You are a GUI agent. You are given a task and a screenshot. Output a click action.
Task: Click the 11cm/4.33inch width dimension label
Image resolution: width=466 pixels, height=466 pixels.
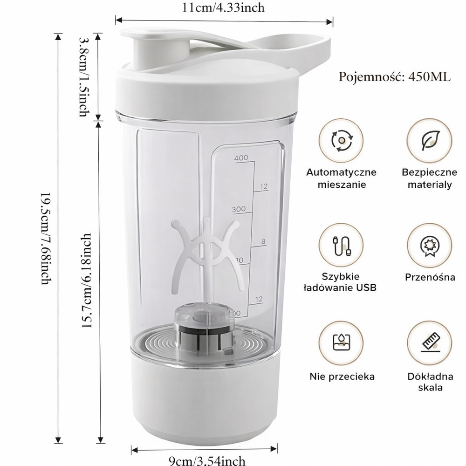click(x=224, y=7)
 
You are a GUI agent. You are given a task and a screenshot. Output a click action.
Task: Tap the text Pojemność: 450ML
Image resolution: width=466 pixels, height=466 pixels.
click(x=394, y=76)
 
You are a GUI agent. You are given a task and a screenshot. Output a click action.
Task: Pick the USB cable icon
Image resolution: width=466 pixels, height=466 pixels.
click(x=341, y=246)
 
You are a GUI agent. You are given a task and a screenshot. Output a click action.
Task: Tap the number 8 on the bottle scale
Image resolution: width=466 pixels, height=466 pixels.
click(x=263, y=241)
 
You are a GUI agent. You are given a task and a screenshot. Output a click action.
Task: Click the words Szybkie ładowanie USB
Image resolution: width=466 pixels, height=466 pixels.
click(x=341, y=282)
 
